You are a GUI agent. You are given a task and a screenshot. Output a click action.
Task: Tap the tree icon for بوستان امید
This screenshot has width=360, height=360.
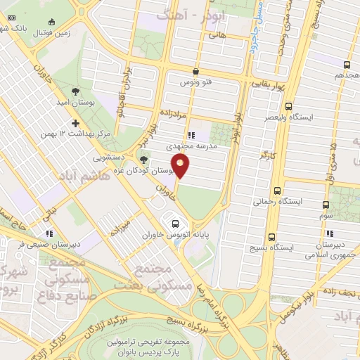tap(76, 91)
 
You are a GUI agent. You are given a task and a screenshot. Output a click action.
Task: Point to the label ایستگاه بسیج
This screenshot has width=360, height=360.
tap(271, 248)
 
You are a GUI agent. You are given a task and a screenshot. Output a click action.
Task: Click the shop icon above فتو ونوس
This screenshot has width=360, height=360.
tap(195, 71)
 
